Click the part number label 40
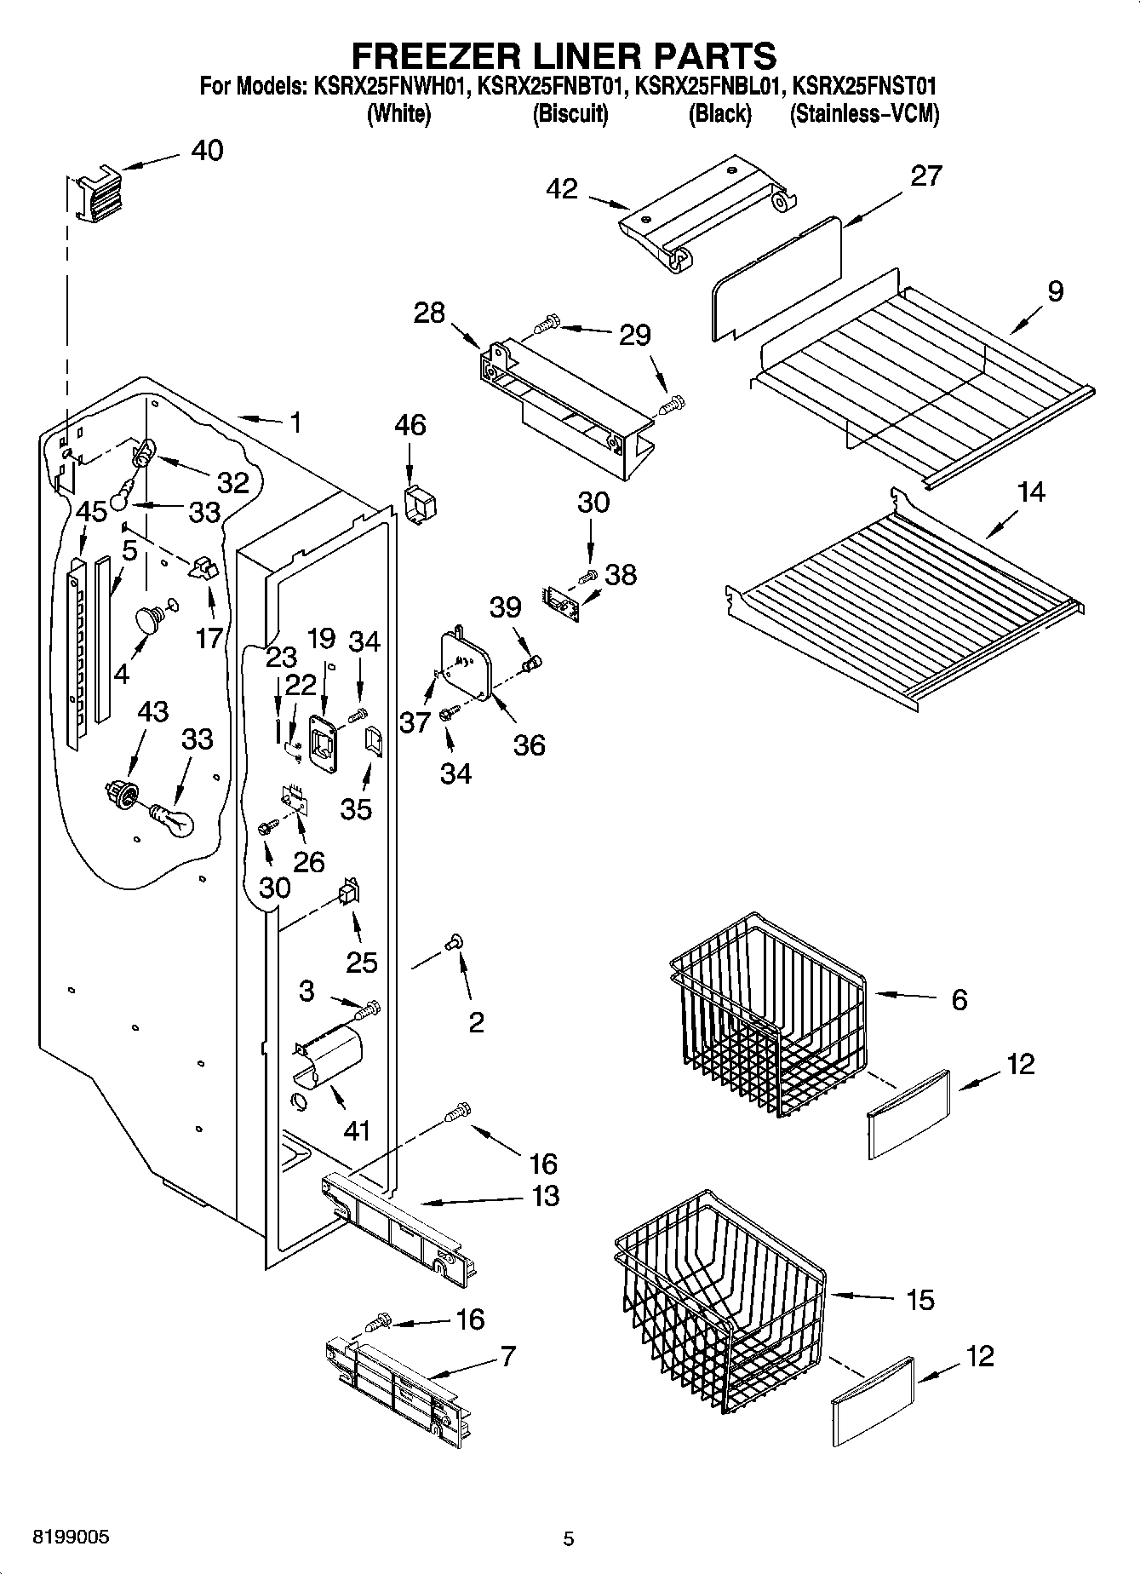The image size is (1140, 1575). [207, 151]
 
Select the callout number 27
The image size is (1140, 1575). [925, 175]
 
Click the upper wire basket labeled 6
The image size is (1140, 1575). [766, 1014]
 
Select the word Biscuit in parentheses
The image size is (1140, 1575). [570, 114]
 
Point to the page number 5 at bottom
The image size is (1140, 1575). [569, 1538]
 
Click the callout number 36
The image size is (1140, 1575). [529, 744]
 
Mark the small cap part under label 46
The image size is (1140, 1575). [420, 505]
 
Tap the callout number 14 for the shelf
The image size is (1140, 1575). [1030, 491]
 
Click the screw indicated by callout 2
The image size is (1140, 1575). [453, 942]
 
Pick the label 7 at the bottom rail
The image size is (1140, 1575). [507, 1356]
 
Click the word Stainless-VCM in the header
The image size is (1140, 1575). [864, 114]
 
